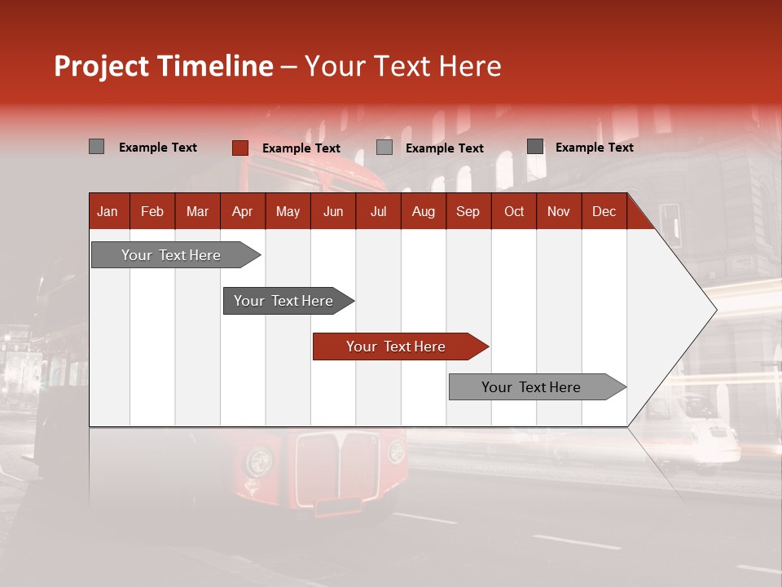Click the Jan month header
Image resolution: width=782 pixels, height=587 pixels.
(108, 211)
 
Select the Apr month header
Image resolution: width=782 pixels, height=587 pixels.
(242, 211)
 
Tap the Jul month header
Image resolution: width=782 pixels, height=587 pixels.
(378, 211)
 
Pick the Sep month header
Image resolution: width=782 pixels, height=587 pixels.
(468, 211)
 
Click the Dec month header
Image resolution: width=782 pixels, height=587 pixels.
(604, 211)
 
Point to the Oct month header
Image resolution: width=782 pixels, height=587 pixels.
(514, 211)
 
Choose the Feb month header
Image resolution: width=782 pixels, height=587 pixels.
(152, 211)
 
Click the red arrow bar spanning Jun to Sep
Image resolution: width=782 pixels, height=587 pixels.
(399, 346)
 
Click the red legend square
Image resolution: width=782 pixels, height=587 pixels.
(239, 148)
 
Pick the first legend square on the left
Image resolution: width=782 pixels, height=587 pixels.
(96, 147)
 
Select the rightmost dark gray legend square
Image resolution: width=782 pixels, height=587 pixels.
(534, 147)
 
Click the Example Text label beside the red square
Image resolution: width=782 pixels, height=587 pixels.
(301, 148)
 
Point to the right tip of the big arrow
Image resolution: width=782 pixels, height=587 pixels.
(714, 309)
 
